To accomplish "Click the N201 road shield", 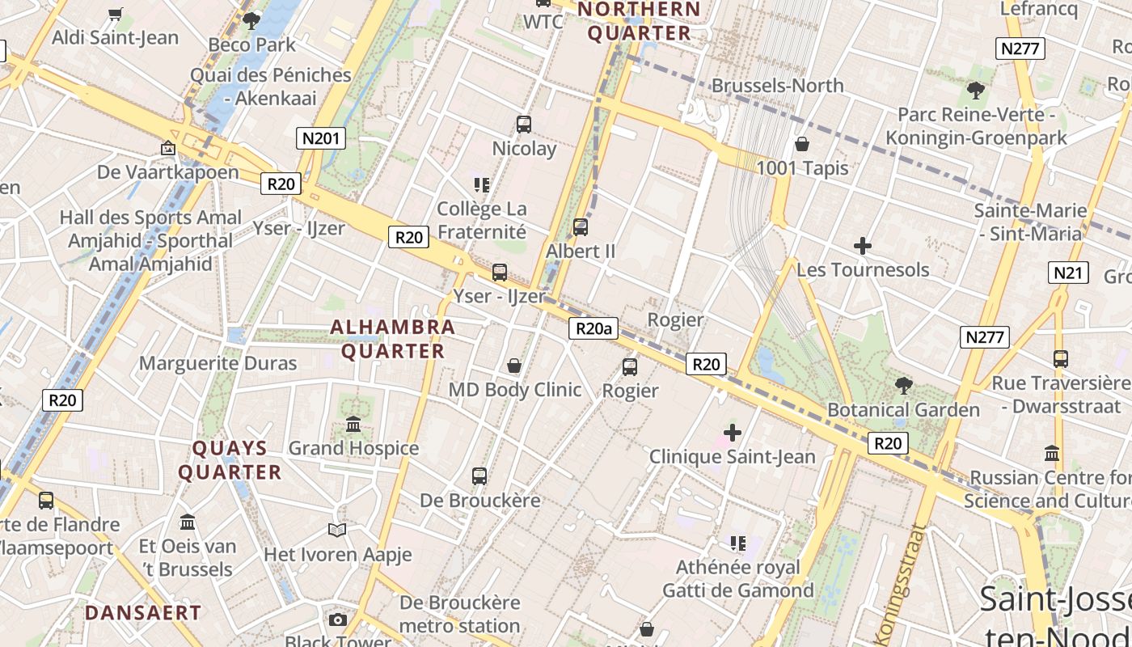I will pos(320,138).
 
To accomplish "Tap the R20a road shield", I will pos(593,328).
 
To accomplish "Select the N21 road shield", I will pos(1068,273).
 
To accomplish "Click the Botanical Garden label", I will pos(903,410).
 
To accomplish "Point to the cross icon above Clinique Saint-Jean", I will pos(733,433).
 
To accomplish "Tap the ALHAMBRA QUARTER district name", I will pos(393,339).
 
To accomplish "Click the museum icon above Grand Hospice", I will pos(353,424).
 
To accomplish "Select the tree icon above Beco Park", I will pos(251,20).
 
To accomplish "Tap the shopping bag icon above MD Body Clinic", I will pos(514,366).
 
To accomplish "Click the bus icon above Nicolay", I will pos(524,125).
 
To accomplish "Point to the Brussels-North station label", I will pos(777,86).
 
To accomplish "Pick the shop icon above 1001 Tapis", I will pos(802,145).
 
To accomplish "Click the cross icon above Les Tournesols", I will pos(863,246).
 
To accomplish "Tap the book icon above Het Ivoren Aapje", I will pos(337,531).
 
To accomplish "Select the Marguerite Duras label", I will pos(218,363).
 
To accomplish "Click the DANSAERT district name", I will pos(142,613).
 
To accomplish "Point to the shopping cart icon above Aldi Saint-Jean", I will pos(115,14).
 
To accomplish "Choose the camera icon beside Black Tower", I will pos(337,620).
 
